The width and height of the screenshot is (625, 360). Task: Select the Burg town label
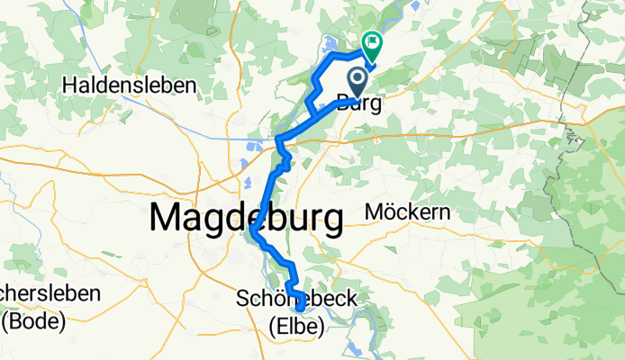(358, 103)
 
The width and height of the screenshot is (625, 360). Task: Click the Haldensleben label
(130, 86)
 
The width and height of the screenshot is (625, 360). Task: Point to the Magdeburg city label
(246, 218)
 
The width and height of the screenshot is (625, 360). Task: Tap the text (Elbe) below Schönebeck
(296, 328)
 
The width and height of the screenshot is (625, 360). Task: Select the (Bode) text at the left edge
(33, 320)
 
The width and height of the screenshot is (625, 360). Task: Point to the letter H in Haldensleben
(70, 86)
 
